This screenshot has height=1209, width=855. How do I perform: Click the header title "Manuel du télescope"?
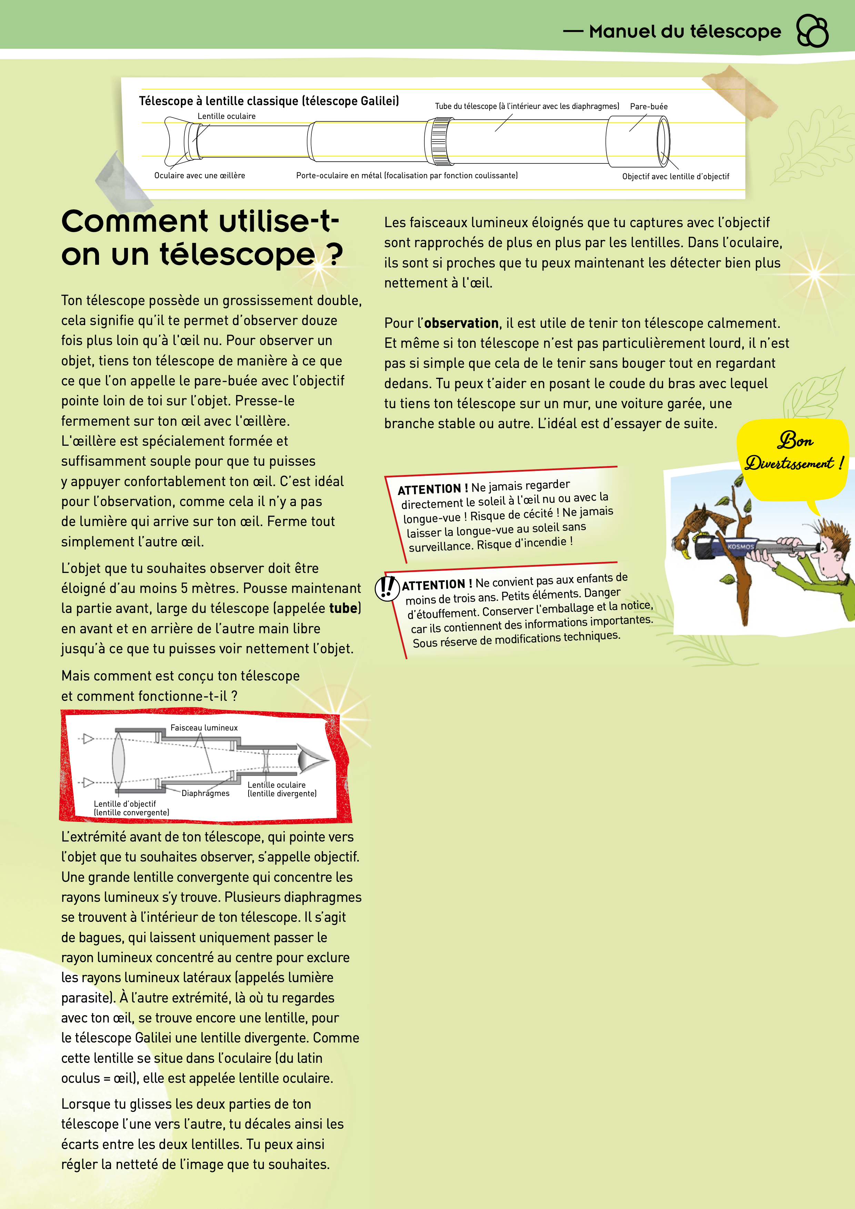684,32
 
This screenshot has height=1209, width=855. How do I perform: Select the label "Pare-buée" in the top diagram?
648,107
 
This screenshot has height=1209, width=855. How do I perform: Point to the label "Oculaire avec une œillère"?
200,175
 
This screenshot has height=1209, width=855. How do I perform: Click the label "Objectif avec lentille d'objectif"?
675,177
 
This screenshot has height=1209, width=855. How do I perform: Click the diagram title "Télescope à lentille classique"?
269,101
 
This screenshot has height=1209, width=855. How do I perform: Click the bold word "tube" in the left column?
343,608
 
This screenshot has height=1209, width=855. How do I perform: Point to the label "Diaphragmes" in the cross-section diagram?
205,793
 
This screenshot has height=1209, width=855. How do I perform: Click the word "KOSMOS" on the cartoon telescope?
740,546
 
